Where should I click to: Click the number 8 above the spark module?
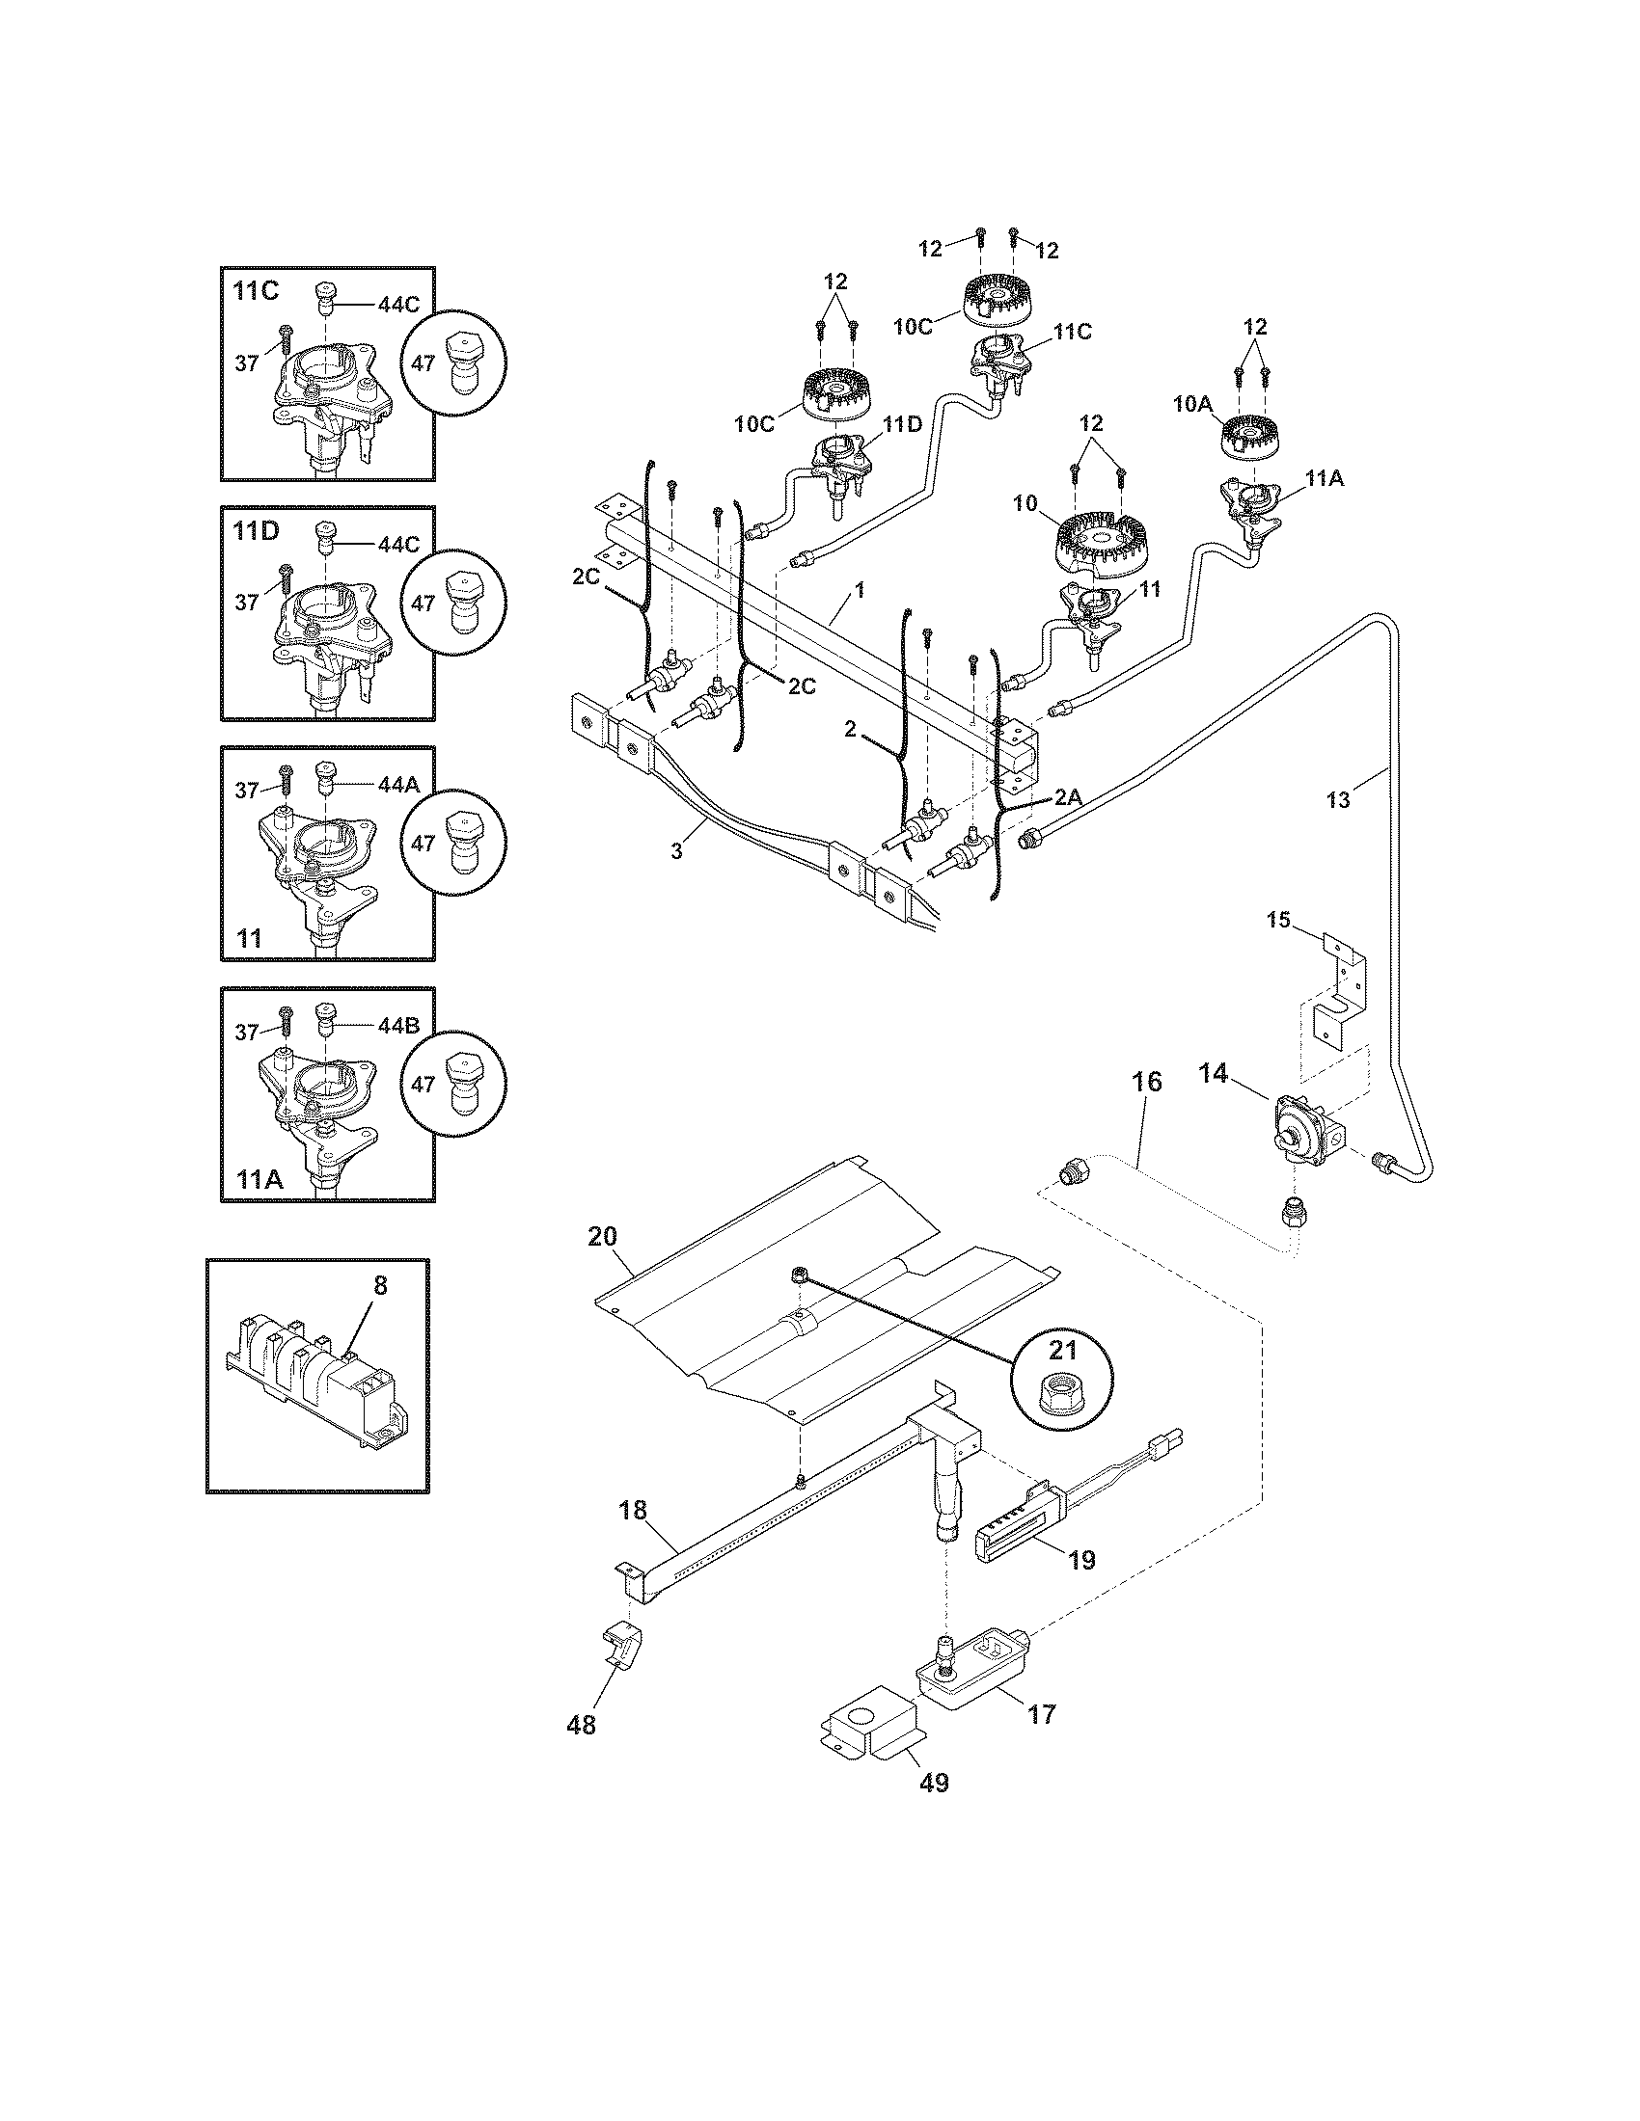click(x=380, y=1285)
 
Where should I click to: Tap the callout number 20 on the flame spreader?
click(x=602, y=1236)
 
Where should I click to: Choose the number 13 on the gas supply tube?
click(x=1338, y=800)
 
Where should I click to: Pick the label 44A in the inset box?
click(x=398, y=786)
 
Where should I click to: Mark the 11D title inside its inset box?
click(x=256, y=531)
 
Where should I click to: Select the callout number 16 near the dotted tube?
click(x=1146, y=1082)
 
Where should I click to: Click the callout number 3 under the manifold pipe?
click(x=676, y=850)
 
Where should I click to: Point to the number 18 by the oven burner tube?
click(x=633, y=1509)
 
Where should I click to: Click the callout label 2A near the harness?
click(x=1067, y=797)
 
